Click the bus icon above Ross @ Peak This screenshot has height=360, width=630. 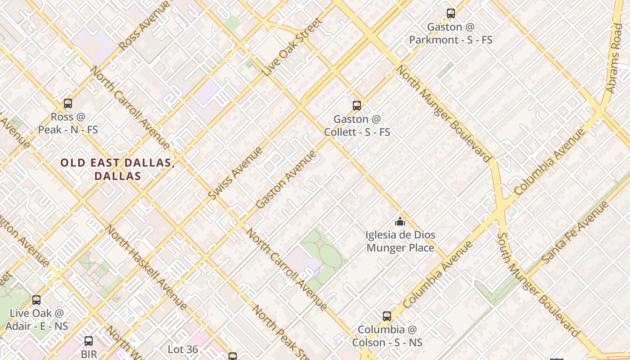coord(68,103)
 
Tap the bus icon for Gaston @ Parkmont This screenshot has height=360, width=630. coord(451,13)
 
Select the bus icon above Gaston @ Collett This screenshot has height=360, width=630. coord(357,106)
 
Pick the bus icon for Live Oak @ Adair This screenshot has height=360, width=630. coord(36,300)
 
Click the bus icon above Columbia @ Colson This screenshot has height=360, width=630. coord(387,316)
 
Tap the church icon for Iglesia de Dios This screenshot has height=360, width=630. coord(400,221)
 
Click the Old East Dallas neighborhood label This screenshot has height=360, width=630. coord(117,169)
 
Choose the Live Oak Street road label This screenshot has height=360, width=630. coord(293,47)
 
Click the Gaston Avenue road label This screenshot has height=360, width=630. coord(286,180)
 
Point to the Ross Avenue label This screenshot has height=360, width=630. coord(145,25)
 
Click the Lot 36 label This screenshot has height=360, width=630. coord(183,349)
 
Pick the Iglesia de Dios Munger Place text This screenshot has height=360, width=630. coord(400,241)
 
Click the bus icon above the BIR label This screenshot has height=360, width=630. coord(89,341)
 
